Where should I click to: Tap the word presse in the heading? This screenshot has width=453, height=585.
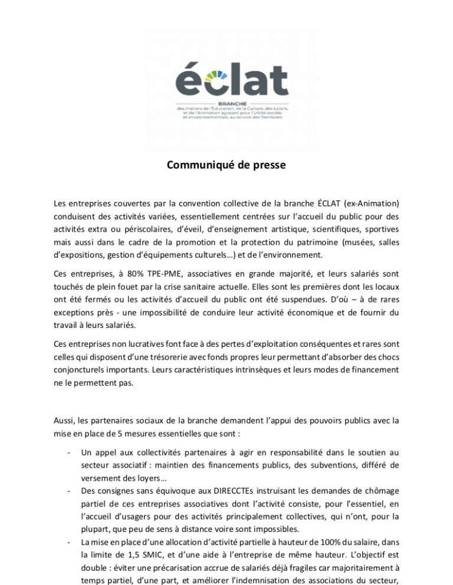click(269, 166)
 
